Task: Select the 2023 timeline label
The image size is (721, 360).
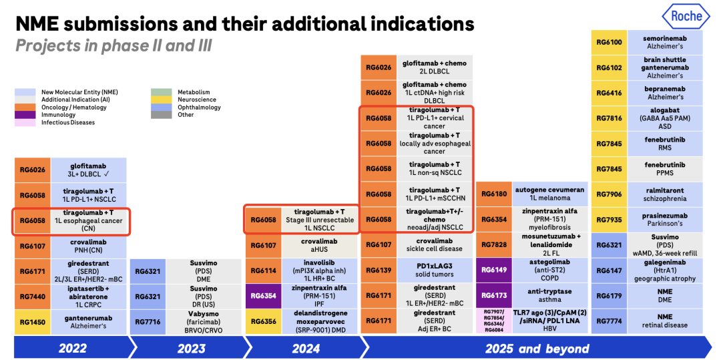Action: click(192, 348)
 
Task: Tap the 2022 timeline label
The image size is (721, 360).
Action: click(72, 348)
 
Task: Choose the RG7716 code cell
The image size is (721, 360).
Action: click(147, 322)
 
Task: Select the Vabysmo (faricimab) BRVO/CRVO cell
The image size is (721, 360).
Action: click(204, 322)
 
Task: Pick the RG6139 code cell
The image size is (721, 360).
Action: click(378, 271)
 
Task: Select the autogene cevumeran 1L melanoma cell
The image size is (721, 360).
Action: click(549, 194)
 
